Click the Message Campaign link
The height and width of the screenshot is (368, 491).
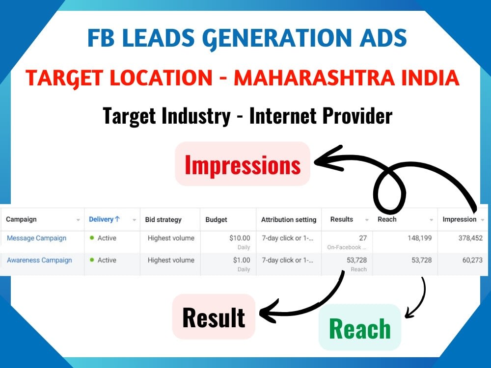(x=36, y=238)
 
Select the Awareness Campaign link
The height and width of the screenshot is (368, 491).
(x=39, y=260)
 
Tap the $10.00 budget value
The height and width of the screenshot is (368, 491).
(x=240, y=238)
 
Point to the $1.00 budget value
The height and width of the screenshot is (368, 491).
(x=242, y=260)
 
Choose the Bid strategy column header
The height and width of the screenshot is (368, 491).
(x=163, y=219)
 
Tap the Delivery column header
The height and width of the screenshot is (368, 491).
(x=104, y=219)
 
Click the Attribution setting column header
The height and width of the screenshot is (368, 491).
(x=289, y=219)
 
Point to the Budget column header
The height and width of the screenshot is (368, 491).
(x=216, y=219)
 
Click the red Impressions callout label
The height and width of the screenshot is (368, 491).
(x=243, y=165)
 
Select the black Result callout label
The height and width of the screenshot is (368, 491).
(x=214, y=317)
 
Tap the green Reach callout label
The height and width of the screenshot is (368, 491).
(x=359, y=328)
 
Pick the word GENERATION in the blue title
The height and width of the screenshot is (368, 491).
(x=246, y=38)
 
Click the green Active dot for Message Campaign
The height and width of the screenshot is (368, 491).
(x=92, y=238)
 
